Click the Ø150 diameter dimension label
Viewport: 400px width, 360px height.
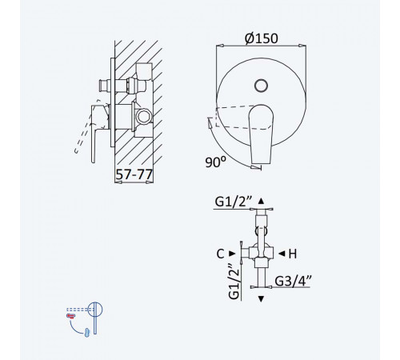pos(262,38)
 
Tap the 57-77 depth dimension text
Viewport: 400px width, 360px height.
pos(134,174)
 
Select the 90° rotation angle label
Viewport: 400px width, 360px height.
pos(215,162)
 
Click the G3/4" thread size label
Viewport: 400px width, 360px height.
pos(293,280)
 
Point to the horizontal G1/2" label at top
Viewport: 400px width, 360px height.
pos(234,202)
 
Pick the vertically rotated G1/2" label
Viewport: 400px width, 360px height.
pos(234,282)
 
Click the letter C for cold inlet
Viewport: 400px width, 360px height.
pos(220,254)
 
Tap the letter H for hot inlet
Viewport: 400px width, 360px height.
pos(293,254)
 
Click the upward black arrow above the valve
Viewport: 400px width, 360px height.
pos(261,201)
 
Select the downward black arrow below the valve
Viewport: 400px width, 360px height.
pos(261,299)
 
